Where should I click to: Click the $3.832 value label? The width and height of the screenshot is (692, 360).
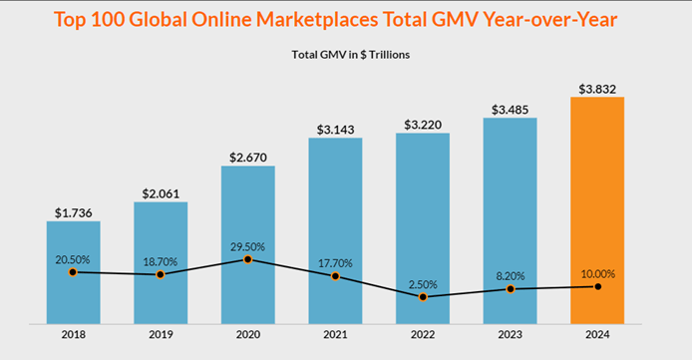click(x=596, y=89)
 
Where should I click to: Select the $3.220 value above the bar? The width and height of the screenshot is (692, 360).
click(x=422, y=125)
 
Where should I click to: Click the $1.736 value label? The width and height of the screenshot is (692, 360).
click(x=73, y=211)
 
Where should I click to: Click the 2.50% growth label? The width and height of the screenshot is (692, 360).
click(x=423, y=283)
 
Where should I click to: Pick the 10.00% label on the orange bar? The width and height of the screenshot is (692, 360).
click(x=596, y=272)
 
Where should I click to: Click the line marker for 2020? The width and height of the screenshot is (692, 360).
click(x=247, y=259)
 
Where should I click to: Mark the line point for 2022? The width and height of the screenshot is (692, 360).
click(x=423, y=297)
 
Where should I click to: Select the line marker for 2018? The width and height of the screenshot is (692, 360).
click(x=73, y=272)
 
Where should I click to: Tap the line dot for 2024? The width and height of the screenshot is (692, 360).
click(x=596, y=286)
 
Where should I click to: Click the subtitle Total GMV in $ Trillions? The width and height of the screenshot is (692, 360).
click(x=346, y=54)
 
